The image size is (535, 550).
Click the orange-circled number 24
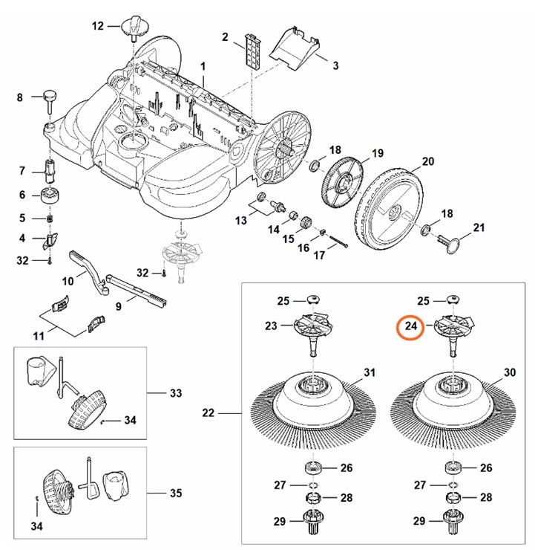click(x=410, y=327)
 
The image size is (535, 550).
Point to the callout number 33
click(x=175, y=392)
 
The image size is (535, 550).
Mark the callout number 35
click(x=175, y=493)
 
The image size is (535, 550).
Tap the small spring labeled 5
click(x=50, y=219)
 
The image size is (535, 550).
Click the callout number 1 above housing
click(x=203, y=68)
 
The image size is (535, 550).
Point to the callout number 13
click(x=240, y=221)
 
